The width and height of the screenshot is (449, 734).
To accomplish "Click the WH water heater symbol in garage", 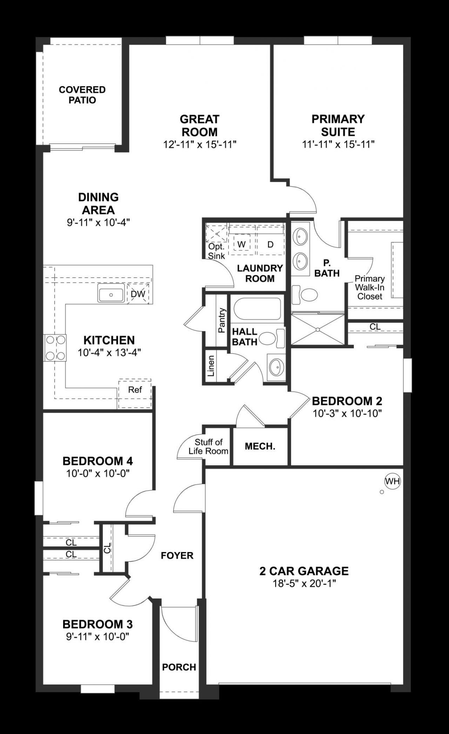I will pyautogui.click(x=392, y=481).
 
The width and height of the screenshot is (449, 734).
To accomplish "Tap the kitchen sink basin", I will pyautogui.click(x=111, y=294).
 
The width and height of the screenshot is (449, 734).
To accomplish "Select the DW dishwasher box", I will pyautogui.click(x=138, y=294).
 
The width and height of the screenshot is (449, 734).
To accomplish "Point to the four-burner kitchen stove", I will pyautogui.click(x=55, y=348).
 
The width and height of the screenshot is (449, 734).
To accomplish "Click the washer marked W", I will pyautogui.click(x=241, y=244).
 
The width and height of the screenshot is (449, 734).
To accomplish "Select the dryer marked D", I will pyautogui.click(x=270, y=244).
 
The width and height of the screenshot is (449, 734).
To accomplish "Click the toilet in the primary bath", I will pyautogui.click(x=304, y=294).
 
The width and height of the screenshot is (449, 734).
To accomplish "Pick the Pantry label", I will pyautogui.click(x=221, y=320).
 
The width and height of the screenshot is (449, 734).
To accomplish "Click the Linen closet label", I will pyautogui.click(x=211, y=366).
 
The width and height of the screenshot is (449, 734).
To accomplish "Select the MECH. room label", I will pyautogui.click(x=260, y=446).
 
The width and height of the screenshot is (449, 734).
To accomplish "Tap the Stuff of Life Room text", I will pyautogui.click(x=208, y=446).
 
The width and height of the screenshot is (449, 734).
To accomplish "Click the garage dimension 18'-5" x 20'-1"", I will pyautogui.click(x=304, y=584).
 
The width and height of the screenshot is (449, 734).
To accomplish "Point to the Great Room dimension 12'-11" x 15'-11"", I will pyautogui.click(x=200, y=144).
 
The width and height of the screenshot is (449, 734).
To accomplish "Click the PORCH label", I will pyautogui.click(x=179, y=667).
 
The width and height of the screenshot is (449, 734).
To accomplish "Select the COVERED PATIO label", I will pyautogui.click(x=82, y=95).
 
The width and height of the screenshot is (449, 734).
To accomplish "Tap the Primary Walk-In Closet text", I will pyautogui.click(x=369, y=287).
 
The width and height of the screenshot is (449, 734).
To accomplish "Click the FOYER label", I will pyautogui.click(x=177, y=555).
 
